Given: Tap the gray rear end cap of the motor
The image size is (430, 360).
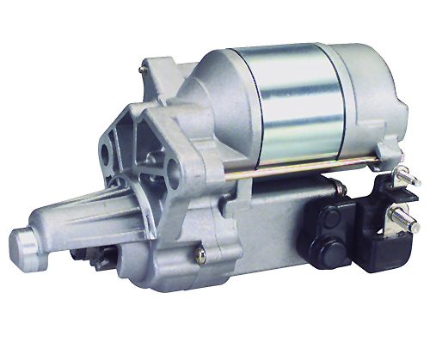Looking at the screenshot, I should click(369, 95).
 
